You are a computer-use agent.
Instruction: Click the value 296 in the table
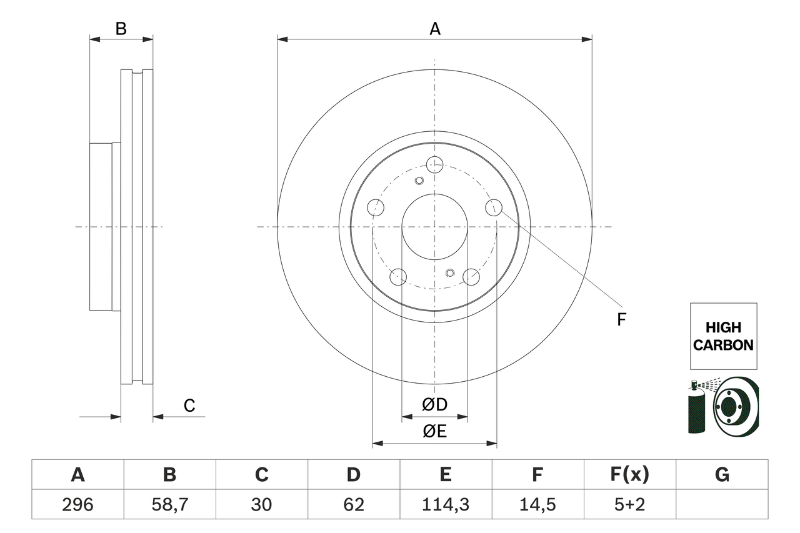77,504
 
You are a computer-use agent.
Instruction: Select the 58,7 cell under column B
169,504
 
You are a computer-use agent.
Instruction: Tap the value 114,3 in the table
445,504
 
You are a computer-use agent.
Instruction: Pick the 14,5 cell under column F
537,504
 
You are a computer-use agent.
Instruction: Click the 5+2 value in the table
629,504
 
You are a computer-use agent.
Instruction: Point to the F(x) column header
629,475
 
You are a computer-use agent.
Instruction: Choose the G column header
722,475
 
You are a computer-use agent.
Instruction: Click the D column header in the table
353,475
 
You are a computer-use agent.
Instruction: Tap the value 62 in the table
353,504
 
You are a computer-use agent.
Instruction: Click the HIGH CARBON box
723,336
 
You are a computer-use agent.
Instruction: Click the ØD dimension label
434,405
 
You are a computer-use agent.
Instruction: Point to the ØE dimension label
434,431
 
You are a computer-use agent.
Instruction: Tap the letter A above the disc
434,29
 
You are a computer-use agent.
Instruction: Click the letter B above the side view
121,29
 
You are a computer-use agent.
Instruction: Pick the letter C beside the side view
189,406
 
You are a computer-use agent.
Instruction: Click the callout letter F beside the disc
621,320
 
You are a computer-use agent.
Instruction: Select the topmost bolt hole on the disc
434,165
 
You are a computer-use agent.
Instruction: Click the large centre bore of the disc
434,226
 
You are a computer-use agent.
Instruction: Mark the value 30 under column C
261,504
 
